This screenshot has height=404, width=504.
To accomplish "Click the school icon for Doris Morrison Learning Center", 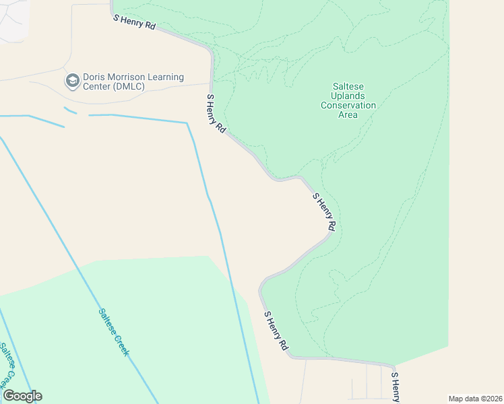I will tap(71, 81).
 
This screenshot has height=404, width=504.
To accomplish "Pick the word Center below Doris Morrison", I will tap(96, 86).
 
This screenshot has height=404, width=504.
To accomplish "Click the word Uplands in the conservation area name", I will tap(348, 96).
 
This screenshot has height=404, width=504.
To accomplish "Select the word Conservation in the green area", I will tap(348, 105).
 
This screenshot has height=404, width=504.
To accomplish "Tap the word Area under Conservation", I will tap(348, 114).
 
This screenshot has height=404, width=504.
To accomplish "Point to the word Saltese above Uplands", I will tap(348, 86).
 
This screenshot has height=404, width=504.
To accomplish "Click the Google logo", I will tap(22, 396).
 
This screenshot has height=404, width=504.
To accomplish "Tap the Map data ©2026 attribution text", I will tap(474, 399).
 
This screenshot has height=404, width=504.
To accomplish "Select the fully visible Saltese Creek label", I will tap(113, 332).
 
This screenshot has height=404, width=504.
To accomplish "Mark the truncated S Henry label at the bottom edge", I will tap(396, 386).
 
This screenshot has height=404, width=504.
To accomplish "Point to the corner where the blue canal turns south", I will tap(187, 123).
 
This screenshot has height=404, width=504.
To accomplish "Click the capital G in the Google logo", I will tap(9, 396).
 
